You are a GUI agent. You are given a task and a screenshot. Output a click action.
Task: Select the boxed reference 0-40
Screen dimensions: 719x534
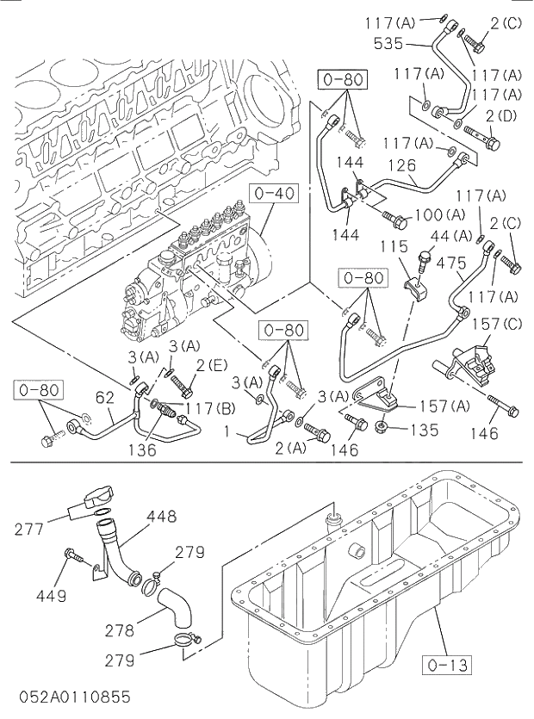click(x=275, y=193)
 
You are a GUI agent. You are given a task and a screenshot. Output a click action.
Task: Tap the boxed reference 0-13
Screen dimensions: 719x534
click(x=447, y=664)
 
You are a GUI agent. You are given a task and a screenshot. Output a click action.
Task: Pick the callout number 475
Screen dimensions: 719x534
click(x=450, y=263)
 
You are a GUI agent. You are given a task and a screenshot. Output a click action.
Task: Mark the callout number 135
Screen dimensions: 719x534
click(x=422, y=428)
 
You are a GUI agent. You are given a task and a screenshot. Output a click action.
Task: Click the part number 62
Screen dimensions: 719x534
click(x=104, y=397)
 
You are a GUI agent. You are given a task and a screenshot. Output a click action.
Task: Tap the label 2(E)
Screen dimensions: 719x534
click(x=211, y=365)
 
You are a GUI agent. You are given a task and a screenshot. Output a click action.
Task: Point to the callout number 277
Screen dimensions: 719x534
click(x=30, y=530)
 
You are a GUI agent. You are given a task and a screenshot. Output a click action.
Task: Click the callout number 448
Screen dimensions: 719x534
click(x=161, y=517)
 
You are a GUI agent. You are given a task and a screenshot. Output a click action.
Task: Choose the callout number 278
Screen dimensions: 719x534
click(x=120, y=629)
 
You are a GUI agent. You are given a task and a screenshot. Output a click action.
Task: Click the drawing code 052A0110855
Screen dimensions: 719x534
click(x=71, y=696)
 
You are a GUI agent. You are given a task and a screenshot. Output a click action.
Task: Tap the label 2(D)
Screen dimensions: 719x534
click(x=500, y=115)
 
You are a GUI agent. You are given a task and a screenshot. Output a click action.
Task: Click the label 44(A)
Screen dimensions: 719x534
click(x=451, y=235)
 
